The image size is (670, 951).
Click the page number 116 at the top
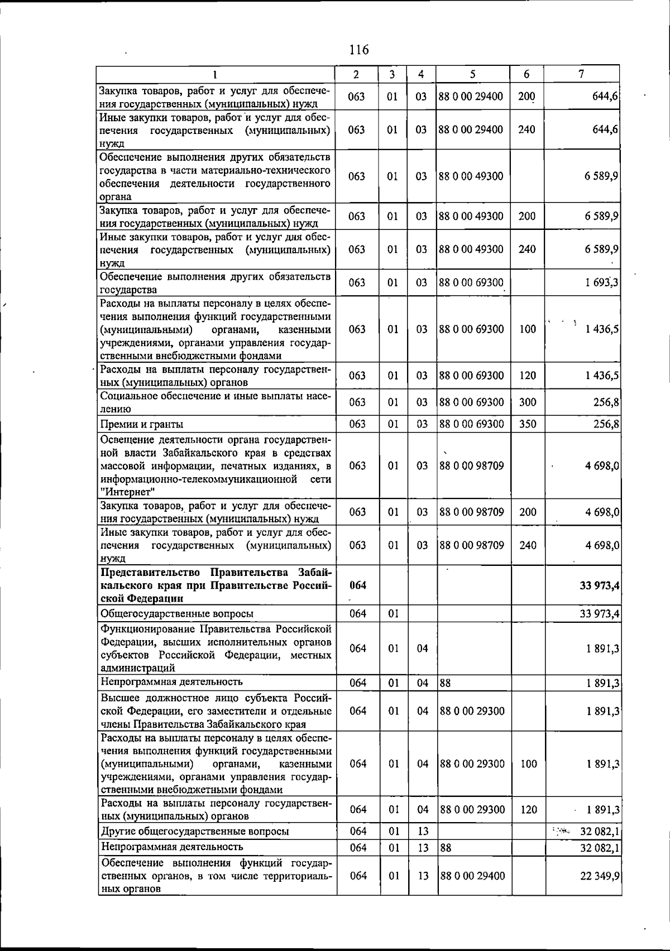358,50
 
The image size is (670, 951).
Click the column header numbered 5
472,74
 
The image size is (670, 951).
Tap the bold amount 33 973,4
599,585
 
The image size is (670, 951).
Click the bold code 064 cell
357,585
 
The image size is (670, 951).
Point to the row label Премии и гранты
142,425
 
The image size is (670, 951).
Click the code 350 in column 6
527,424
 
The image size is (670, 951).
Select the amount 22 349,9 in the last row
600,876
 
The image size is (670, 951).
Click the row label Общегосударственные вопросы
176,614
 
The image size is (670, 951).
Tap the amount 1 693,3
601,283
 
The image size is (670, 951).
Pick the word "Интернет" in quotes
127,492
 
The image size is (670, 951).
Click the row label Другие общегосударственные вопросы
194,832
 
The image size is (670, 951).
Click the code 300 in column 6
527,402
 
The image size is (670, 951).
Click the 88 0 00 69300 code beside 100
472,329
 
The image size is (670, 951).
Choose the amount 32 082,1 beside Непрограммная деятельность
600,848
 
